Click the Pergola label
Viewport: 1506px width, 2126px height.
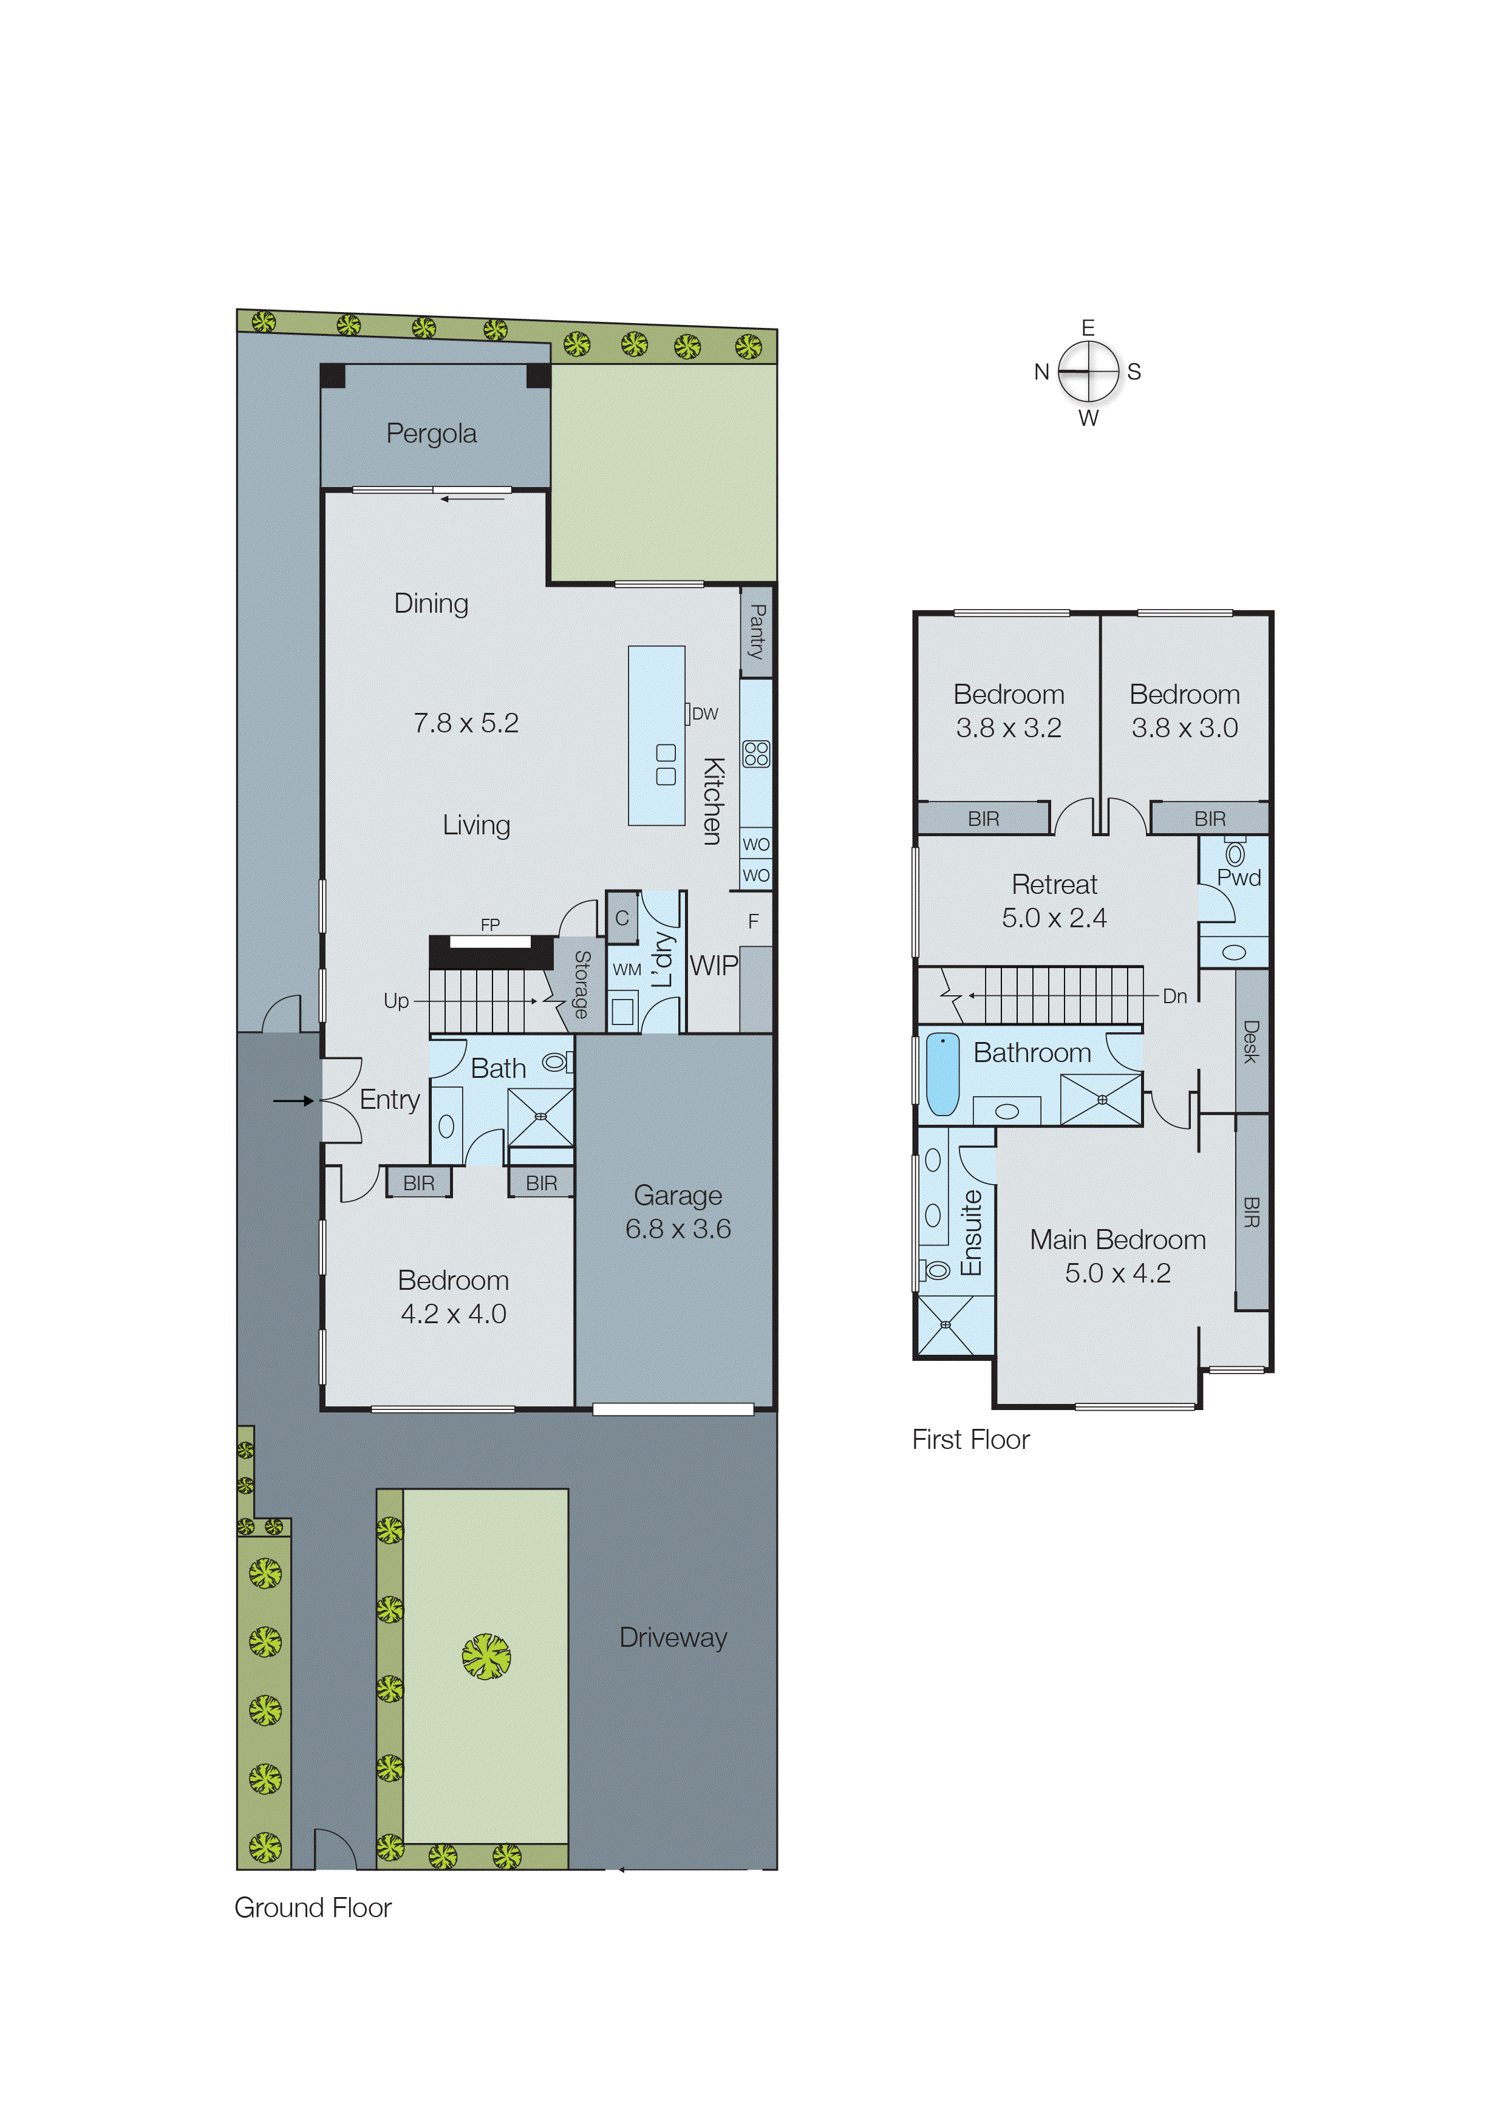click(x=431, y=434)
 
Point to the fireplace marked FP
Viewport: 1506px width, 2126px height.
click(x=489, y=942)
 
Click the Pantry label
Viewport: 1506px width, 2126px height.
click(x=757, y=632)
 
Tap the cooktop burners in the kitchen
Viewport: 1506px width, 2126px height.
click(x=756, y=753)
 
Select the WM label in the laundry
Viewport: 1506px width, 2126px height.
click(x=627, y=970)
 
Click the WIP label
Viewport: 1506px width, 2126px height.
click(x=713, y=966)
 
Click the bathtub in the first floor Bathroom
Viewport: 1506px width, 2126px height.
click(x=942, y=1075)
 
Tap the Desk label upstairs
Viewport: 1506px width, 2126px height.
click(x=1251, y=1041)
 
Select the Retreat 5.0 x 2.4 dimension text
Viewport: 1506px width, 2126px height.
click(x=1054, y=918)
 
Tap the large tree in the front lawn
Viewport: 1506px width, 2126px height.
click(x=486, y=1656)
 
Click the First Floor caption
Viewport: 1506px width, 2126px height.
click(x=970, y=1439)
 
